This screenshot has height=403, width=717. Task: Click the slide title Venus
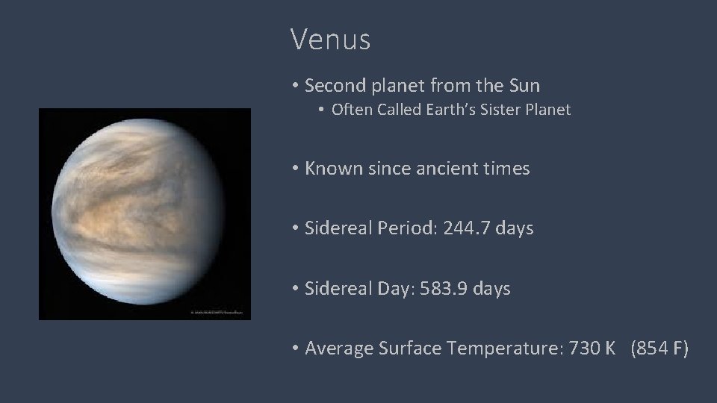(x=330, y=40)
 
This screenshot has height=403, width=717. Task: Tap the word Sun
(x=523, y=86)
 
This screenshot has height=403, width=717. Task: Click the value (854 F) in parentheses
(x=659, y=348)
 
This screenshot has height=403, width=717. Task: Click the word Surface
(x=408, y=348)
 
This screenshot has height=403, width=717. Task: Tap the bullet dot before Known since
(x=296, y=169)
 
